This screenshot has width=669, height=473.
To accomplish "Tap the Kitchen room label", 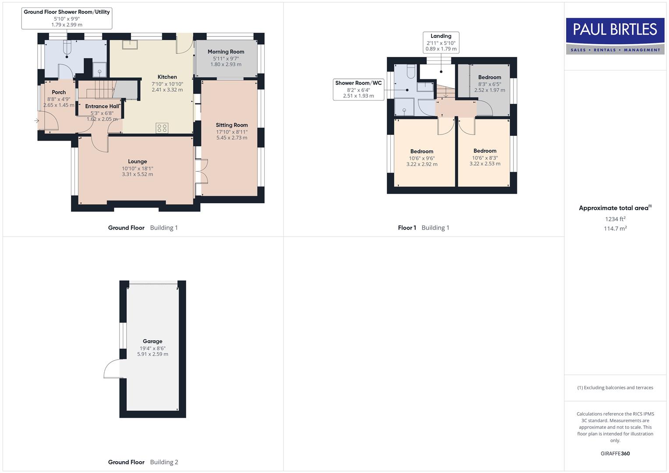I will pos(167,77).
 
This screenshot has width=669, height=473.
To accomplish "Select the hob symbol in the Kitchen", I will pos(162,128).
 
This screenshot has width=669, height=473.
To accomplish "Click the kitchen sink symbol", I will pos(130,44).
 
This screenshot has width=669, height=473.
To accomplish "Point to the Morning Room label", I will pos(226,52).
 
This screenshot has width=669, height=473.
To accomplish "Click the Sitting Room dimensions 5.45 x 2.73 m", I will pos(232,138).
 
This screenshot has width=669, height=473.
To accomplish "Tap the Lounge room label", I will pos(137,162).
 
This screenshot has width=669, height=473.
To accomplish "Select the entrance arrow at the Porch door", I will pos(37,121).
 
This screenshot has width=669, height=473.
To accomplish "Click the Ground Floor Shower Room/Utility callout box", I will pos(67,18).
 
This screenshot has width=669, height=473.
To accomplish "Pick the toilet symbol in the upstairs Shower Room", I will pos(411,71).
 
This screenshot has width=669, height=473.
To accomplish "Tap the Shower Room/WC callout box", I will pos(358,89).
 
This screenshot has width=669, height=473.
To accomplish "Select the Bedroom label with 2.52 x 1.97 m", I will pos(489,78).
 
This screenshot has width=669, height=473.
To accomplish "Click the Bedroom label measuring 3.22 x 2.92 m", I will pos(421,152).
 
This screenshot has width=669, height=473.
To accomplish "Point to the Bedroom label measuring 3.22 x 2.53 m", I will pos(485,151).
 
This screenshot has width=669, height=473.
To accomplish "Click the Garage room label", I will pos(152,341).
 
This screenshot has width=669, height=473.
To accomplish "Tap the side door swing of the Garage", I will pos(112,369).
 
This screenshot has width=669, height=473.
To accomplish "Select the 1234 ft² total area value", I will pos(615,219).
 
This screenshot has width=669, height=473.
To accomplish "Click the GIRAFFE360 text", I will pos(615,454).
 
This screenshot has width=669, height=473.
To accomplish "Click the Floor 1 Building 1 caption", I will pos(423,228).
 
